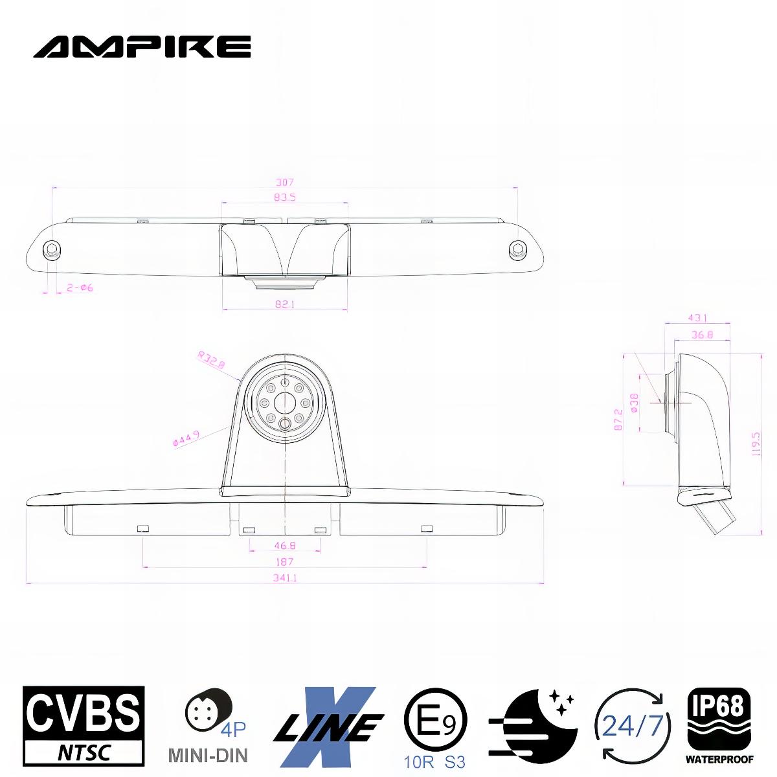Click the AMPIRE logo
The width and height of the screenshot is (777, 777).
coord(142,46)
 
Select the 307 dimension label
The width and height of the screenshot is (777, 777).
coord(284,183)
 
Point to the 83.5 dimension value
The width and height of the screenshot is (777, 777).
coord(284,197)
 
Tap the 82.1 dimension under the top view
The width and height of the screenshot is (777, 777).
coord(284,304)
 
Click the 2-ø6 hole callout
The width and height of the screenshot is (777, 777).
coord(80,288)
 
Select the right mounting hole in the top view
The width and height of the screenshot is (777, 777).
coord(517,249)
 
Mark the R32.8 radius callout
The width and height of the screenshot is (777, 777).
coord(212,360)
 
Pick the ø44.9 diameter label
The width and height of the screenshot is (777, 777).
coord(186,439)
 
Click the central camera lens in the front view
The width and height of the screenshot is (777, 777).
coord(284,402)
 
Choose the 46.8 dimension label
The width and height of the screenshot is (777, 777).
coord(284,546)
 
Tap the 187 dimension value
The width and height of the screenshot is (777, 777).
coord(284,561)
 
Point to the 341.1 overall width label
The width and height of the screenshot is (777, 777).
coord(284,578)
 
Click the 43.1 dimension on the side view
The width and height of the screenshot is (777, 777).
coord(697,318)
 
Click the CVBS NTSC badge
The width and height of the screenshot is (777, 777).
coord(84,726)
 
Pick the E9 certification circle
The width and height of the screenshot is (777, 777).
coord(435,719)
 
